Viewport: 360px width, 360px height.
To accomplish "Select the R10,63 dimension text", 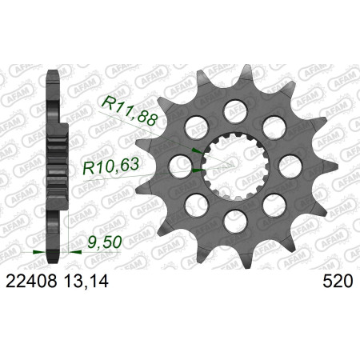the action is click(110, 166).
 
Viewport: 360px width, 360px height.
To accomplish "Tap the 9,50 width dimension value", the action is click(105, 242).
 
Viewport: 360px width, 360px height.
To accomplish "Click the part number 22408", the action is click(31, 281).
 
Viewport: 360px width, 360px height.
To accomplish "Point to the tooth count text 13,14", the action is click(86, 282).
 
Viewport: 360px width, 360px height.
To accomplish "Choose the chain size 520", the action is click(338, 281).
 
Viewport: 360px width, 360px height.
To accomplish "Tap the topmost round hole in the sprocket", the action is click(235, 110).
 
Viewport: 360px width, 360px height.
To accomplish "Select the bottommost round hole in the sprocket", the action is click(235, 222).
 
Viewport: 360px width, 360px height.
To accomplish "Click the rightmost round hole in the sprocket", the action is click(290, 166).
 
